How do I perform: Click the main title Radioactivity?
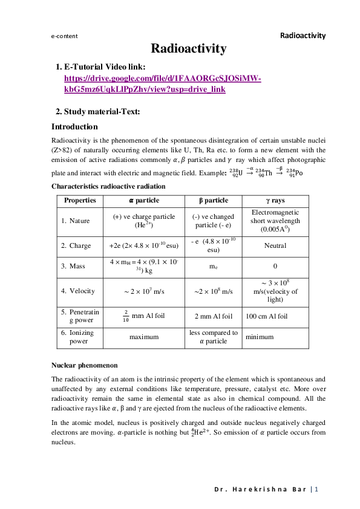click(x=188, y=48)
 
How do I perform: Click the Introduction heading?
click(x=74, y=127)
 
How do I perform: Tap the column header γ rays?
click(x=275, y=201)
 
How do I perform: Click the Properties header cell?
click(x=80, y=201)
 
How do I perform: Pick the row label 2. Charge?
click(x=76, y=246)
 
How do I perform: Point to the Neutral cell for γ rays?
click(x=275, y=246)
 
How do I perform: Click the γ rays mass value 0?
click(x=275, y=266)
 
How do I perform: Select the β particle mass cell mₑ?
click(x=213, y=266)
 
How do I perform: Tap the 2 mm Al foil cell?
click(x=213, y=316)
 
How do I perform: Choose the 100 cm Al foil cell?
click(x=266, y=316)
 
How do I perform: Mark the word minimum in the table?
click(x=260, y=337)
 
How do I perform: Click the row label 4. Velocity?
click(x=77, y=291)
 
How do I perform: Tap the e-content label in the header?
click(x=65, y=36)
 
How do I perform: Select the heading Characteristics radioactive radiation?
click(x=108, y=186)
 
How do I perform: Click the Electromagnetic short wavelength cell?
click(x=275, y=221)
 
